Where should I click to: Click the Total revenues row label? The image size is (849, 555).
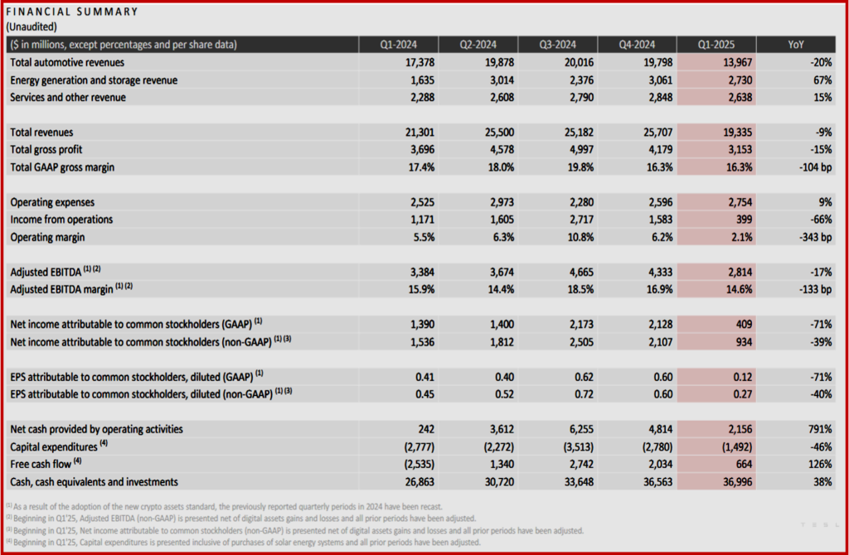coord(41,132)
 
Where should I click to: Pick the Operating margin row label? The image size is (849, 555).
coord(48,237)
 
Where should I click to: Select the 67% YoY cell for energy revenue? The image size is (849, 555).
coord(821,80)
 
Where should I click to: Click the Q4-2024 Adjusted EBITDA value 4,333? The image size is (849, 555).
coord(657,272)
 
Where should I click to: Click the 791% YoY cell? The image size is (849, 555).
coord(817,429)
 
